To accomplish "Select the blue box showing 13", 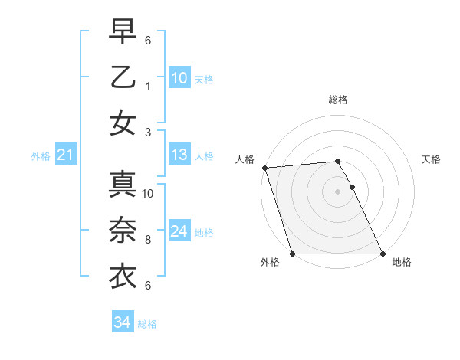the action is [x=179, y=155].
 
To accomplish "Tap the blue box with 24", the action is [x=179, y=231].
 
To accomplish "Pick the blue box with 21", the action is [x=66, y=155].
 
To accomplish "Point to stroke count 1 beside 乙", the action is [x=148, y=87].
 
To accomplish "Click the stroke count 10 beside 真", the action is [x=148, y=193].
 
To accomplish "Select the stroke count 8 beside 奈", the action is [x=148, y=239].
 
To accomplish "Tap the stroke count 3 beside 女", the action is [x=148, y=132].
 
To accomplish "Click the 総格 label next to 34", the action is [x=147, y=324].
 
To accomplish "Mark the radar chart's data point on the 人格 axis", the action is [x=264, y=168].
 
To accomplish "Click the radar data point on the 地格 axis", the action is [x=383, y=254].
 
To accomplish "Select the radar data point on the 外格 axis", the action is [x=292, y=254].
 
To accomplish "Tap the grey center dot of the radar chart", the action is [x=337, y=191].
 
